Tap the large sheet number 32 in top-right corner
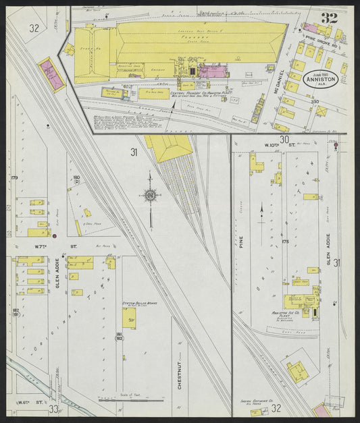pos(330,18)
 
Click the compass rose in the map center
pos(150,196)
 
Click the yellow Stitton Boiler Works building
pos(126,318)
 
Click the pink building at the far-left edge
pos(51,74)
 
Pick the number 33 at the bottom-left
pos(53,409)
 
